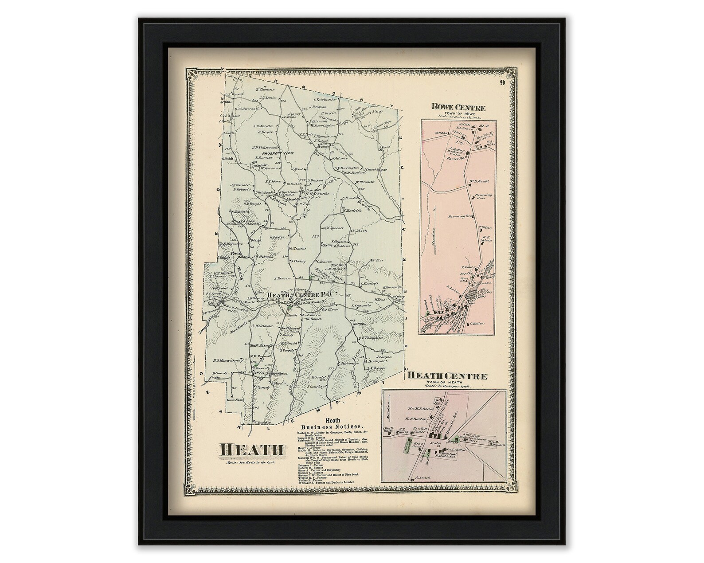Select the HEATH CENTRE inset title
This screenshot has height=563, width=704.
coord(447,376)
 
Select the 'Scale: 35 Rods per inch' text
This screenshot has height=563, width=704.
coord(447,387)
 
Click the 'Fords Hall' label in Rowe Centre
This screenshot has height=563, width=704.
coord(455,158)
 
